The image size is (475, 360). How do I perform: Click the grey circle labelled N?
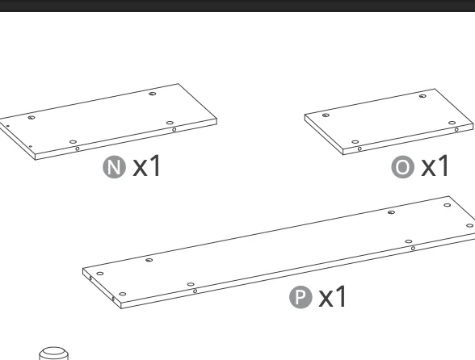pos(115,167)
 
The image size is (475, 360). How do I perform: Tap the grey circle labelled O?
pos(402,167)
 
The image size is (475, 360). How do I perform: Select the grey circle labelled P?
pos(301,297)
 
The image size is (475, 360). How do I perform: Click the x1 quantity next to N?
pos(146,166)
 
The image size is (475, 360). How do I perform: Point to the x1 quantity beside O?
pos(435,166)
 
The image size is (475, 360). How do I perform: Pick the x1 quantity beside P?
pos(332,297)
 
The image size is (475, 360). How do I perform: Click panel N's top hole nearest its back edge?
pos(153,94)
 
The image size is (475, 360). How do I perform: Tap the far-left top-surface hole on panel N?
pos(32,118)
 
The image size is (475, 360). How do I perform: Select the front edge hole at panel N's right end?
pos(174,130)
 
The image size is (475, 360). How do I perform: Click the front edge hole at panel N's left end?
pos(78,149)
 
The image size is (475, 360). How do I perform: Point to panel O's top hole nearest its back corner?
pos(422,96)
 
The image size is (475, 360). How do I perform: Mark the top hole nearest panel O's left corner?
pos(326,115)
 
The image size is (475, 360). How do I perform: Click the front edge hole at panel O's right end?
pos(456,130)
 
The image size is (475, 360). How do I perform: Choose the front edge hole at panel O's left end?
pos(359,149)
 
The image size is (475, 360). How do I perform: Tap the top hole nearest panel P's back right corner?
pos(448,205)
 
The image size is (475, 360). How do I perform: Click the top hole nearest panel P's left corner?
pos(99,274)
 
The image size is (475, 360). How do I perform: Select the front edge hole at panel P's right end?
pos(413,249)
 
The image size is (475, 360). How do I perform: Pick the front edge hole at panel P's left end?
pos(195,291)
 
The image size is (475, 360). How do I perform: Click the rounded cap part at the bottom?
pos(54,354)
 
